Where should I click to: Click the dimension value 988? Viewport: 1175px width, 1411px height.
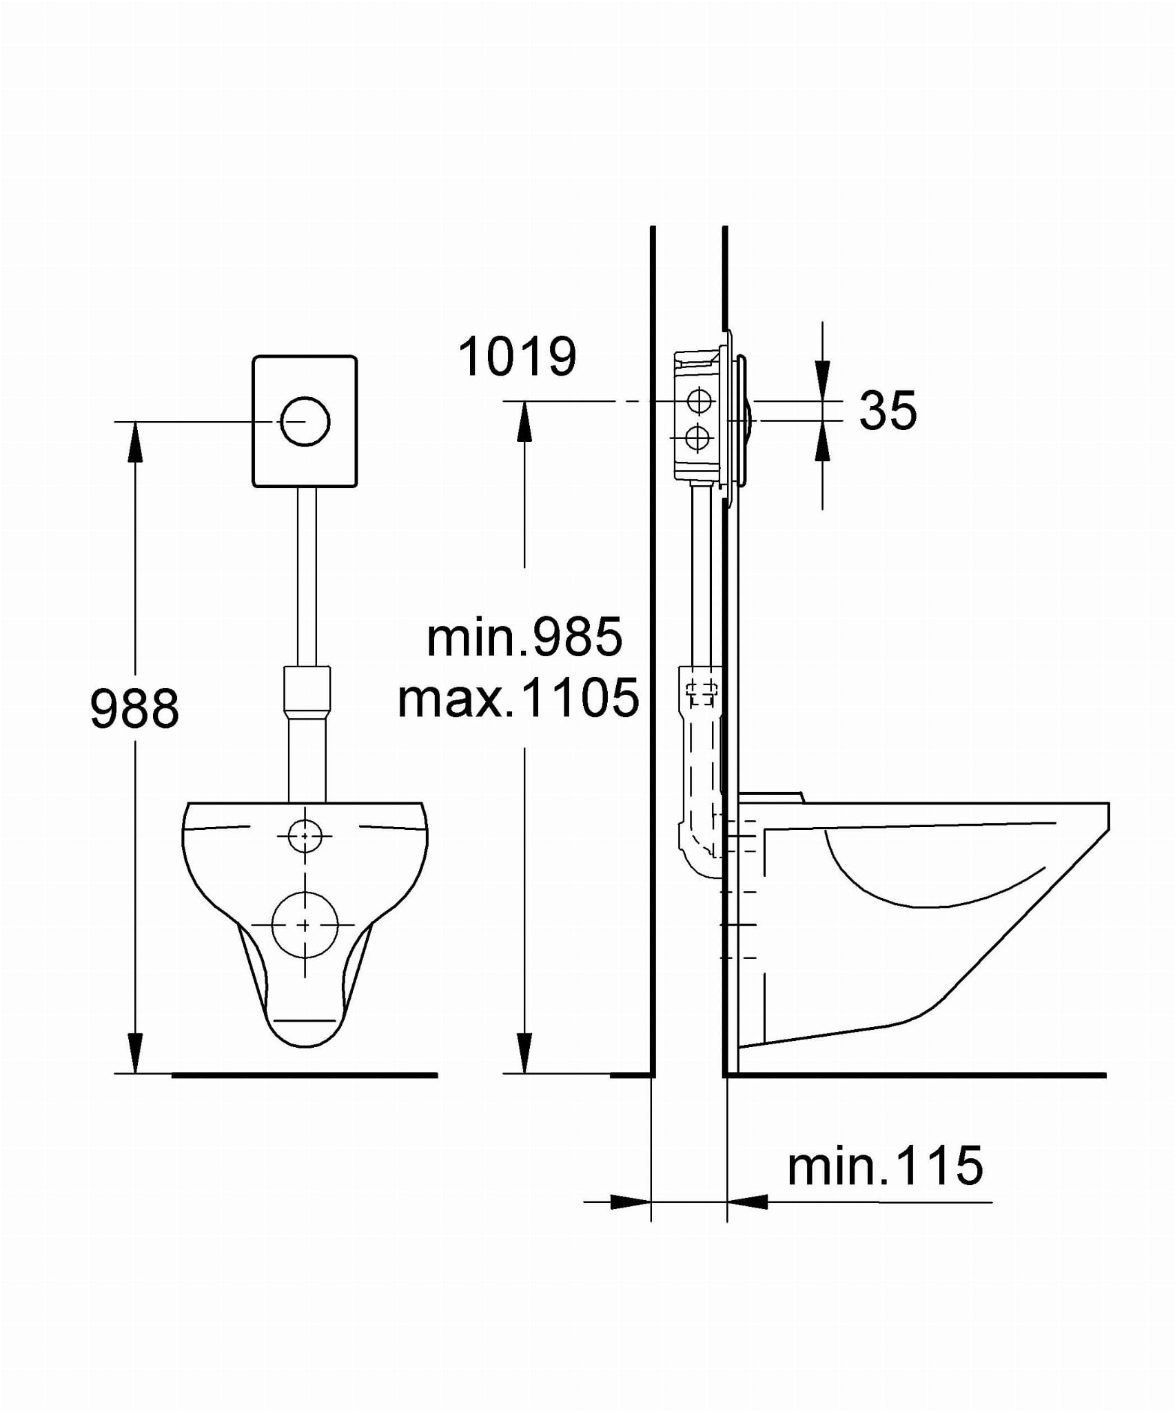135,708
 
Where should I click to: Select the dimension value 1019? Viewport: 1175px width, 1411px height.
517,357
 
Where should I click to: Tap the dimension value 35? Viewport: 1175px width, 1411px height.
888,411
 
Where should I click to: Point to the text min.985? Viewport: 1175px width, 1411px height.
524,638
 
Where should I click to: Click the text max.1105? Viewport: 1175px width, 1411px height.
519,698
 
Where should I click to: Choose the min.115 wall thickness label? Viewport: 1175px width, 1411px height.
885,1166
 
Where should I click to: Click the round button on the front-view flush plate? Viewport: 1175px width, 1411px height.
305,422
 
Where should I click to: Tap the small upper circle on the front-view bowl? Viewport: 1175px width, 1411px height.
305,836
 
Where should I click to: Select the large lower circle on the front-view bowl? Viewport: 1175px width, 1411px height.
305,924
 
